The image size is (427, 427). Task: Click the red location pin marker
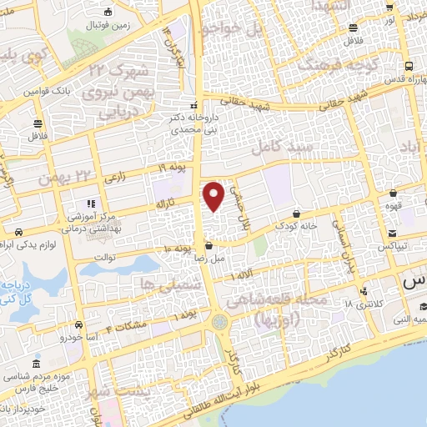coord(213,196)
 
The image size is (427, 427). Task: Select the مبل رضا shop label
coord(207,257)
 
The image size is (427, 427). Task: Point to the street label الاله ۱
coord(244,274)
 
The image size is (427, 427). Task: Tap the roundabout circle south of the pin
coord(219,321)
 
